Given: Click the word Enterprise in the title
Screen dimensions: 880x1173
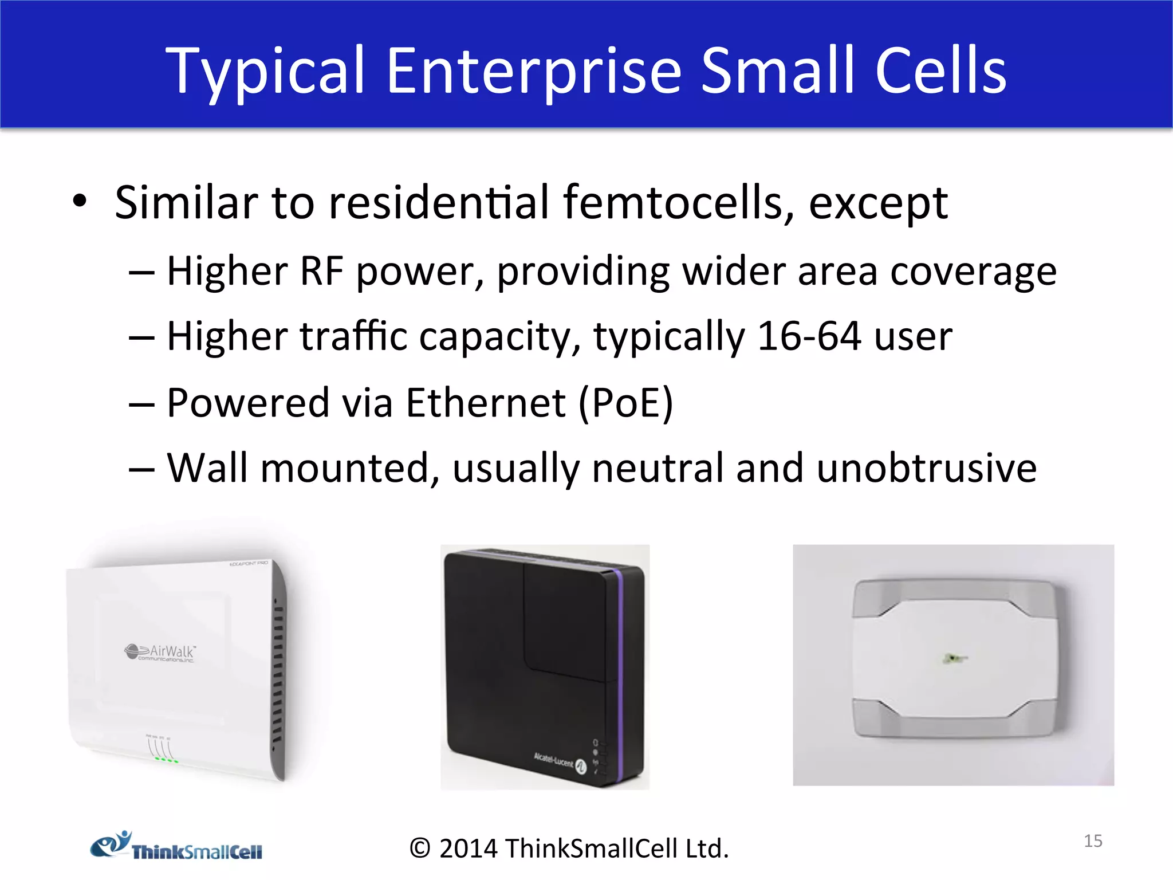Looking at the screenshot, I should coord(533,72).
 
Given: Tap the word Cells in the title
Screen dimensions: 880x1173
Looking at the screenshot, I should coord(940,72).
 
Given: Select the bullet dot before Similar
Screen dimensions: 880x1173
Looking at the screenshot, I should coord(80,201).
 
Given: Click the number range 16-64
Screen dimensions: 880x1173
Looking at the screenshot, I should coord(809,336).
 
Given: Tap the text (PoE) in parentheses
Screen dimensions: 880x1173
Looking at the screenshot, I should coord(625,403).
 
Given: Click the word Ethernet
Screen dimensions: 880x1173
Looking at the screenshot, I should coord(486,403).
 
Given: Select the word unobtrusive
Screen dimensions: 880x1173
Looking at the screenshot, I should coord(926,468).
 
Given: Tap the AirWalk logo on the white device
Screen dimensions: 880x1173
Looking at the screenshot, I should coord(160,653).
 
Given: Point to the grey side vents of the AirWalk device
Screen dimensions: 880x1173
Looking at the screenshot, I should coord(278,670).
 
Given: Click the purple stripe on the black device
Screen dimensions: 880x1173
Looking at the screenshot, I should coord(618,670).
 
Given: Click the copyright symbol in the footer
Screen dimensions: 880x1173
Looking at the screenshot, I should coord(420,848).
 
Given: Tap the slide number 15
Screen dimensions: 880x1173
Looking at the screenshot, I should coord(1093,841).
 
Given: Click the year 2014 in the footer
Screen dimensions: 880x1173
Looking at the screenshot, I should coord(468,848).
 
